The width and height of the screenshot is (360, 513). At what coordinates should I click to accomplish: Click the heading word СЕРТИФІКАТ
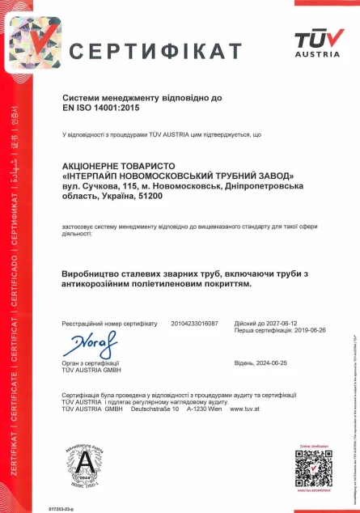click(x=155, y=51)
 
